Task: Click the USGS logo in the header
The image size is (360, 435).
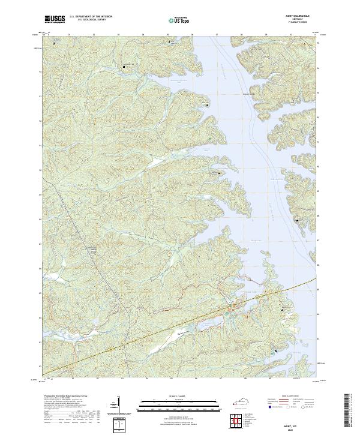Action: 55,19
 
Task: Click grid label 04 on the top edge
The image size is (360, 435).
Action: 143,35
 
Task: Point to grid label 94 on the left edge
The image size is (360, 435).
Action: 40,71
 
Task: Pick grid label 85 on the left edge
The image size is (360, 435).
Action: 40,293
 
